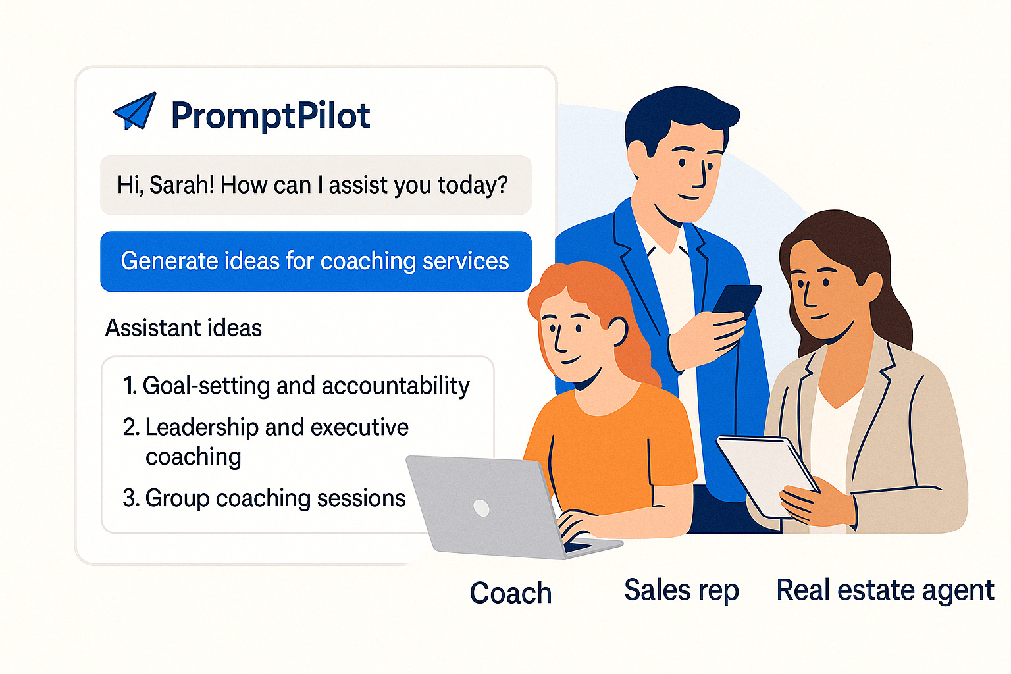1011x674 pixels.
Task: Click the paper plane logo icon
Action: coord(136,112)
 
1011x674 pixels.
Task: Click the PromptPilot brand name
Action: coord(270,116)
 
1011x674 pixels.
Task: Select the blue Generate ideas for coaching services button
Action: coord(315,261)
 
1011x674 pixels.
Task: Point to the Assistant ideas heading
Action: coord(184,328)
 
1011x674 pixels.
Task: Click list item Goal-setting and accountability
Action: coord(296,386)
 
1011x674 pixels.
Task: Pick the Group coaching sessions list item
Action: coord(264,498)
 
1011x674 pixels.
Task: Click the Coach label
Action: coord(510,593)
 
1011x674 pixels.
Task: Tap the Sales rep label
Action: coord(681,590)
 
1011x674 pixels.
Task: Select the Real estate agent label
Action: coord(885,590)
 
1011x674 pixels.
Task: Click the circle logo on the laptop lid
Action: coord(481,507)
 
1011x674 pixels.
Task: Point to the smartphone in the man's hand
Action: coord(737,299)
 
